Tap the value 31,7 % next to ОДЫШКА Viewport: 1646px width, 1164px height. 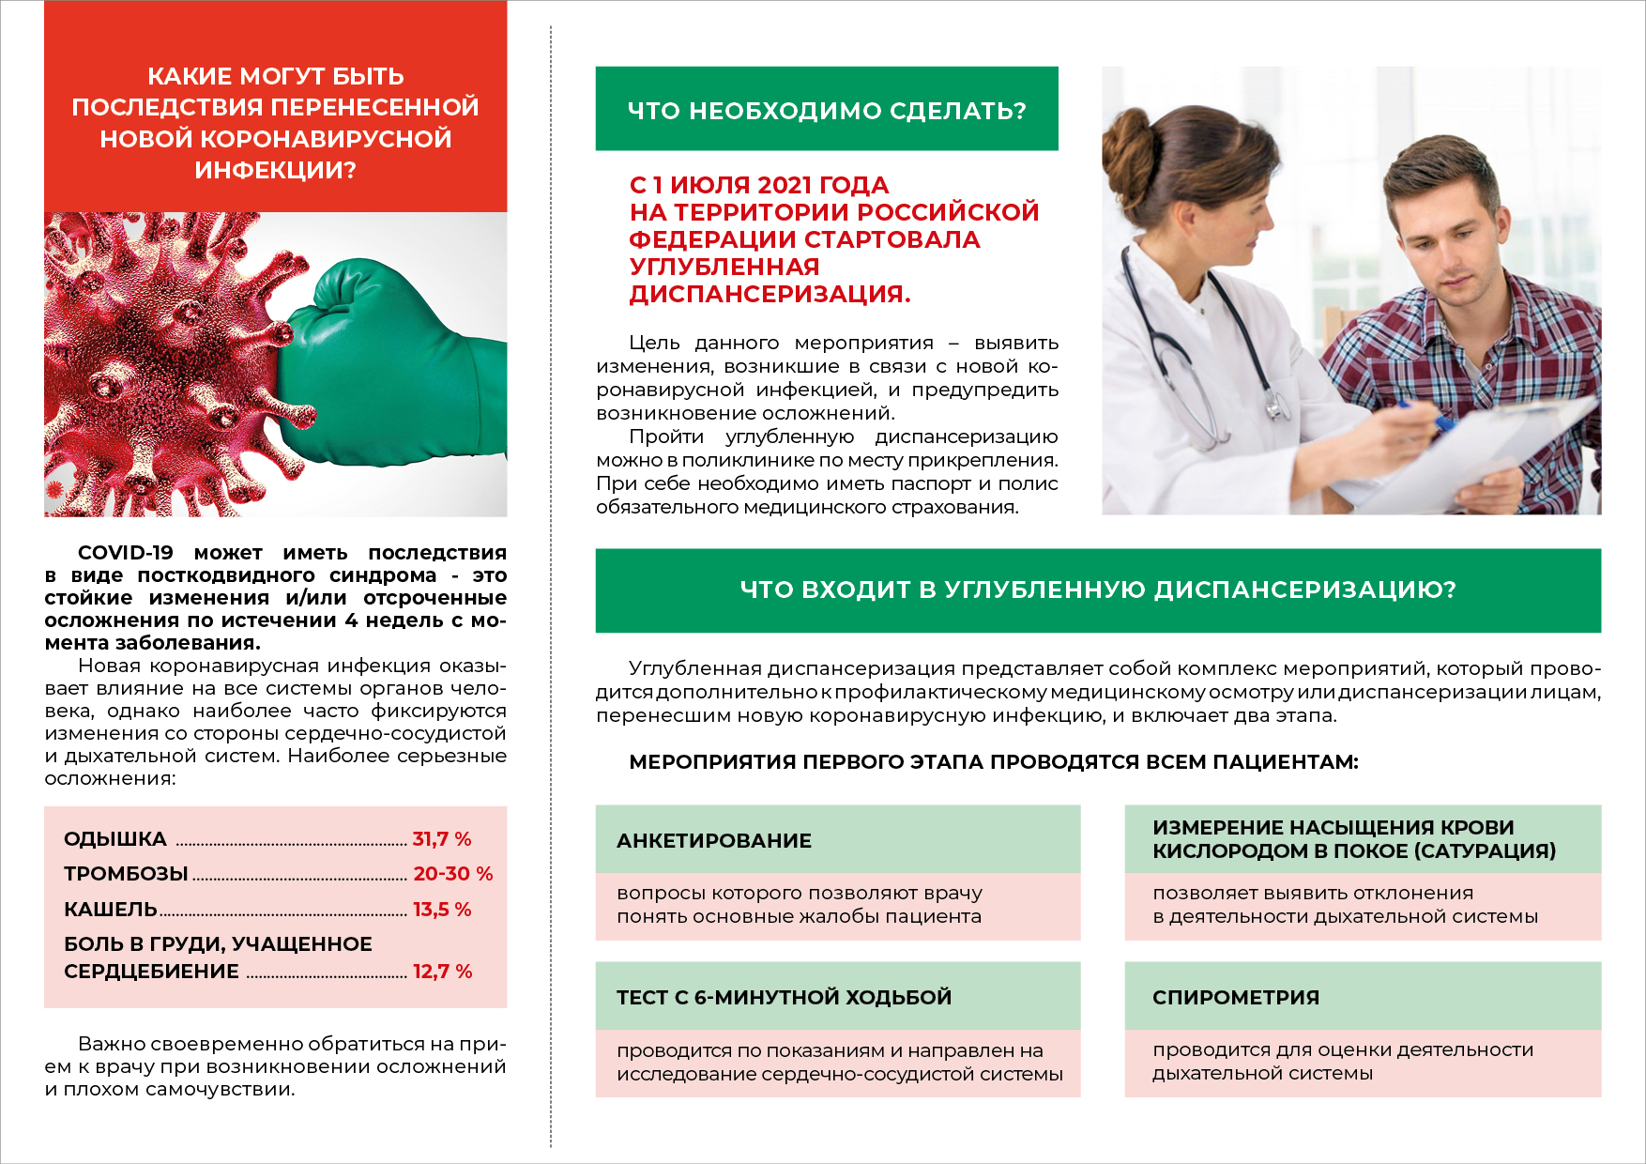pyautogui.click(x=442, y=839)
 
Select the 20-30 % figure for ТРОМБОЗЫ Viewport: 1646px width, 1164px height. pyautogui.click(x=453, y=874)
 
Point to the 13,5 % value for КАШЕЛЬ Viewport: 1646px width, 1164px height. pyautogui.click(x=442, y=910)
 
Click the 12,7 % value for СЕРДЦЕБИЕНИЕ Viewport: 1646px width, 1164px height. pyautogui.click(x=442, y=972)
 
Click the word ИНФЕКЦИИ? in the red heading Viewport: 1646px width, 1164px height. pyautogui.click(x=275, y=171)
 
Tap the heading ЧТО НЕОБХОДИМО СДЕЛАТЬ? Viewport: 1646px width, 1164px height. pyautogui.click(x=827, y=111)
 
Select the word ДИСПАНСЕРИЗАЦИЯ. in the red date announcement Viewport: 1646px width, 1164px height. pyautogui.click(x=770, y=295)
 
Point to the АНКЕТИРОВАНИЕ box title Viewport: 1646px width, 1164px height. pyautogui.click(x=714, y=841)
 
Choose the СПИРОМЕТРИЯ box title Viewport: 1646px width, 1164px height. pyautogui.click(x=1236, y=998)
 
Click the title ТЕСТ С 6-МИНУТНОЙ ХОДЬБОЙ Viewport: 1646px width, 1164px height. pyautogui.click(x=784, y=998)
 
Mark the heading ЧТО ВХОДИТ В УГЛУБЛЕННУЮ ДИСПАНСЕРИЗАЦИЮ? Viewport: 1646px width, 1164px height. pyautogui.click(x=1098, y=590)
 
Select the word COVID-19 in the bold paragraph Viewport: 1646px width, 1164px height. pyautogui.click(x=126, y=553)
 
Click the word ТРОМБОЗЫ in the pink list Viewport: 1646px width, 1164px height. pyautogui.click(x=126, y=874)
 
